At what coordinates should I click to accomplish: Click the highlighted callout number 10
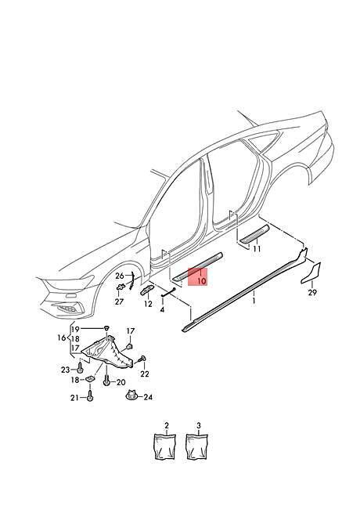coord(201,280)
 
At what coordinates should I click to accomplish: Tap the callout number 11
coord(257,249)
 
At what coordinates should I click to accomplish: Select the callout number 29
coord(312,293)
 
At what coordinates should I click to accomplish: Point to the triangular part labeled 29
coord(312,273)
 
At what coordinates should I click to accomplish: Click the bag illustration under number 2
coord(165,446)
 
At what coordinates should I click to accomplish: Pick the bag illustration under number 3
coord(197,446)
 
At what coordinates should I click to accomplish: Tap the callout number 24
coord(148,397)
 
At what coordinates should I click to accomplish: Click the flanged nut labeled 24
coord(132,395)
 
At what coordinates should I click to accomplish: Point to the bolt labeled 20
coord(106,380)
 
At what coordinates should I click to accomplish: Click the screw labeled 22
coord(142,359)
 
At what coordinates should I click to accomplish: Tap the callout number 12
coord(148,304)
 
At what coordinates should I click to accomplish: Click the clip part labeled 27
coord(121,287)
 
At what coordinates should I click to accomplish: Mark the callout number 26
coord(120,276)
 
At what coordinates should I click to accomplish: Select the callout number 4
coord(162,309)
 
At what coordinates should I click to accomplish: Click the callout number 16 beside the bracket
coord(62,338)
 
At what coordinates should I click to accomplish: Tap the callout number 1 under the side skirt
coord(254,301)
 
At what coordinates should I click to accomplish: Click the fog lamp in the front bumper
coord(70,308)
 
